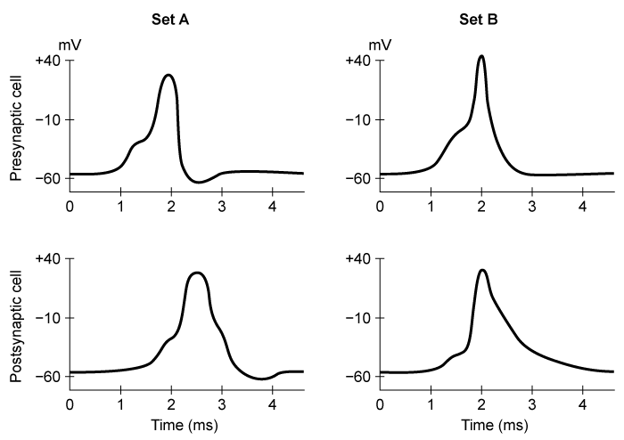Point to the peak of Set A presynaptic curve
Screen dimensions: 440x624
point(169,75)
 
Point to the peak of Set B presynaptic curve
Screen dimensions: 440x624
point(481,56)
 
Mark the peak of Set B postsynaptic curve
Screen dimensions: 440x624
point(482,270)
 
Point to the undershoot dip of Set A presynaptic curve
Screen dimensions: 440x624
point(200,183)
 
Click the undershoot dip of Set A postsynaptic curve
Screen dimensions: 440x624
point(264,379)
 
